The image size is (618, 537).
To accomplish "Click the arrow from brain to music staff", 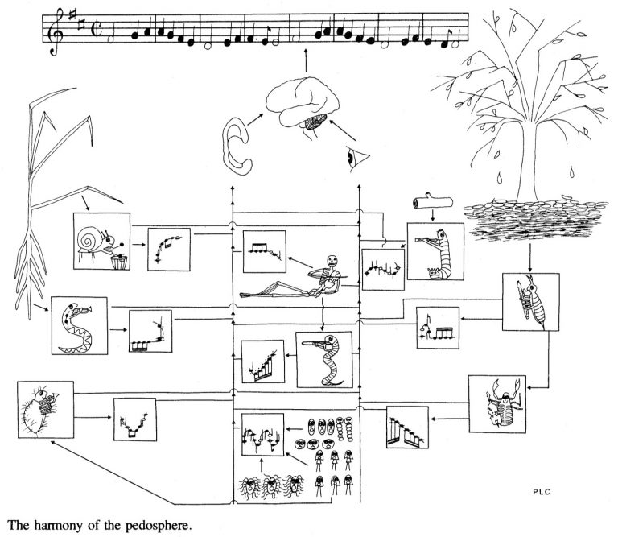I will (306, 61).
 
